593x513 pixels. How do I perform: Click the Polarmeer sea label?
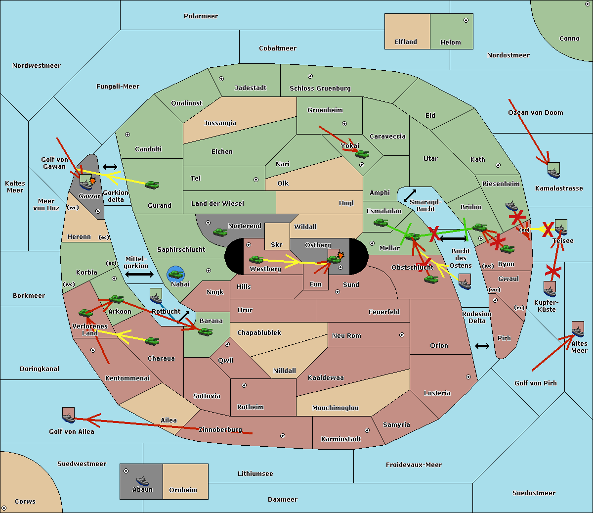click(201, 16)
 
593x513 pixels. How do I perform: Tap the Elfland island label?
click(406, 42)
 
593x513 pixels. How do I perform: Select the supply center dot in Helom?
click(466, 20)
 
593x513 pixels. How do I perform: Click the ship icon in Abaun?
click(142, 480)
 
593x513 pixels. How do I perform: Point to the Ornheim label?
click(183, 490)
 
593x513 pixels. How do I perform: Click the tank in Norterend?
click(220, 232)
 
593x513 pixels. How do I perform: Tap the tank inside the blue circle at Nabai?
click(175, 274)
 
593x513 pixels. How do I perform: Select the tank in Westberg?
click(256, 259)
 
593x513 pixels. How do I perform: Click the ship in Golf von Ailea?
click(68, 418)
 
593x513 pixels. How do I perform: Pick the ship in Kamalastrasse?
click(553, 173)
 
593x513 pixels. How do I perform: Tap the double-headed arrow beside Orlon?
click(482, 346)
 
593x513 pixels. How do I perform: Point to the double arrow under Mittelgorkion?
click(139, 275)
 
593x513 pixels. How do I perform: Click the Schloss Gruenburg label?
click(320, 89)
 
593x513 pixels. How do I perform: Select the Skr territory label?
click(276, 245)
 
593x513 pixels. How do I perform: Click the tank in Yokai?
click(362, 154)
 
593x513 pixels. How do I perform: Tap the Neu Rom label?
click(346, 336)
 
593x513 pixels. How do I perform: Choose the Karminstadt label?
click(341, 439)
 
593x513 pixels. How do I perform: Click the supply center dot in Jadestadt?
click(221, 79)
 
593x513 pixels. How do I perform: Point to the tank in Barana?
click(205, 331)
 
